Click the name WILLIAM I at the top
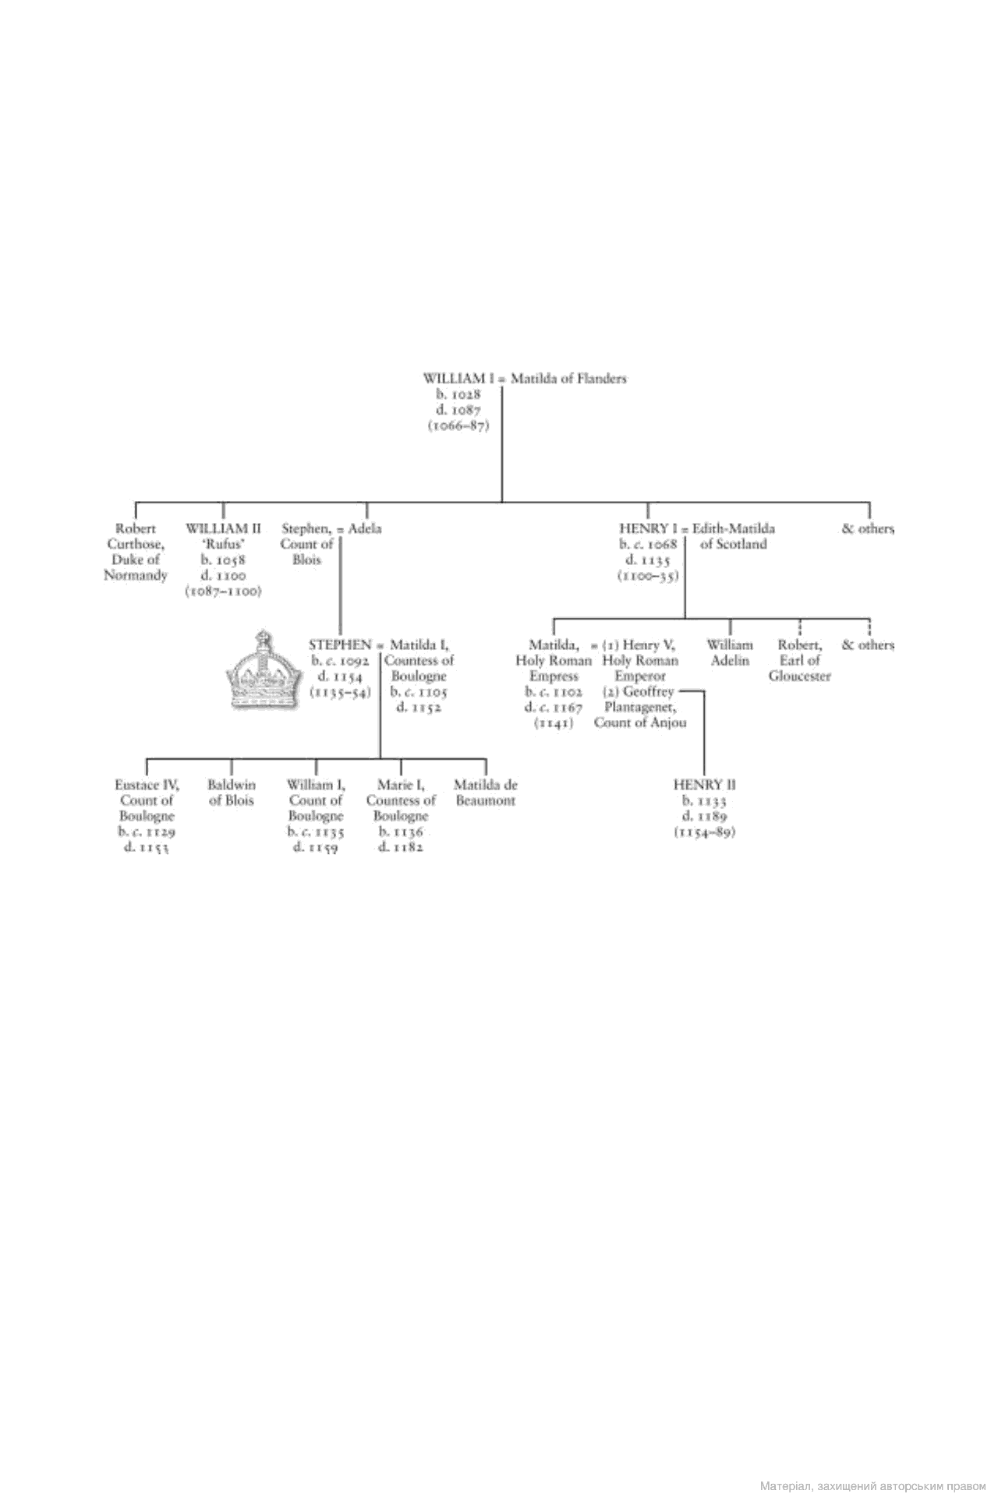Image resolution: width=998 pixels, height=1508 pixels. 459,379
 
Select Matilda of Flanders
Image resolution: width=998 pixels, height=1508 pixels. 568,379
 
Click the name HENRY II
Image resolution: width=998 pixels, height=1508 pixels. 704,785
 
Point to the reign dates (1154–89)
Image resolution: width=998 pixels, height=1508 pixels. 704,832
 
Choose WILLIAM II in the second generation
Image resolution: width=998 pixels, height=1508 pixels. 223,528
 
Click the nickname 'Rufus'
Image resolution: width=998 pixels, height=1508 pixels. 223,544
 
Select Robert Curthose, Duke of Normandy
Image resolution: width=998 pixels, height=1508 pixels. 136,552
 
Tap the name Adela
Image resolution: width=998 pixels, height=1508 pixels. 365,528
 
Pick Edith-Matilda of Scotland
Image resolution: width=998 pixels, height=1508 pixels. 733,536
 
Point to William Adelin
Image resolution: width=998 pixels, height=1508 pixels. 730,653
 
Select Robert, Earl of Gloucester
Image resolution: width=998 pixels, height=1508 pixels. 799,660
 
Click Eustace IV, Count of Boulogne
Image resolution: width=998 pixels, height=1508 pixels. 147,800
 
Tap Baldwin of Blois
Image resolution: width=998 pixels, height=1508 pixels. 232,793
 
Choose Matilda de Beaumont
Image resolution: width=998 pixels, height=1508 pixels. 485,793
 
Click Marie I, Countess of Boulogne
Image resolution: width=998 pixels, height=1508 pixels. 401,800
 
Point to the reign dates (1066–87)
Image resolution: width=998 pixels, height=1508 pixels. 458,426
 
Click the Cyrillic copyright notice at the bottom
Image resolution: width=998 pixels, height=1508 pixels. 872,1486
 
